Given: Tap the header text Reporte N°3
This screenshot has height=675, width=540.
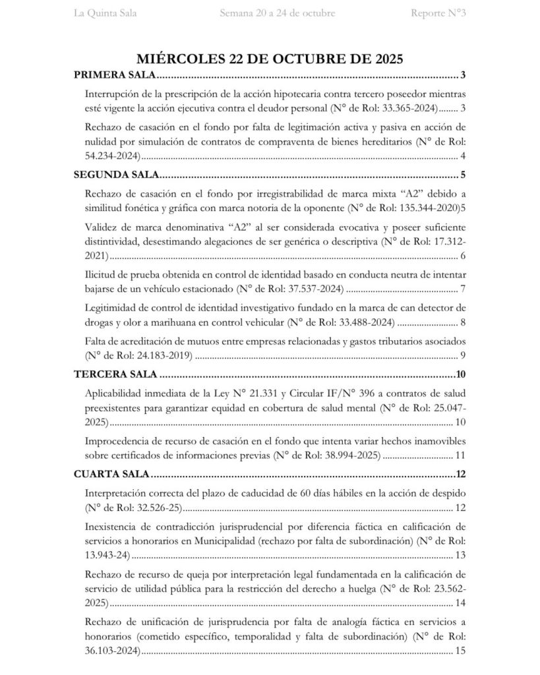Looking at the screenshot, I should [x=438, y=13].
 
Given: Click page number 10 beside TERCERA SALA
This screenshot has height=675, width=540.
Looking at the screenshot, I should [x=461, y=375].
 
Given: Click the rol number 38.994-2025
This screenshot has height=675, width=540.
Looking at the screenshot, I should [x=350, y=455].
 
